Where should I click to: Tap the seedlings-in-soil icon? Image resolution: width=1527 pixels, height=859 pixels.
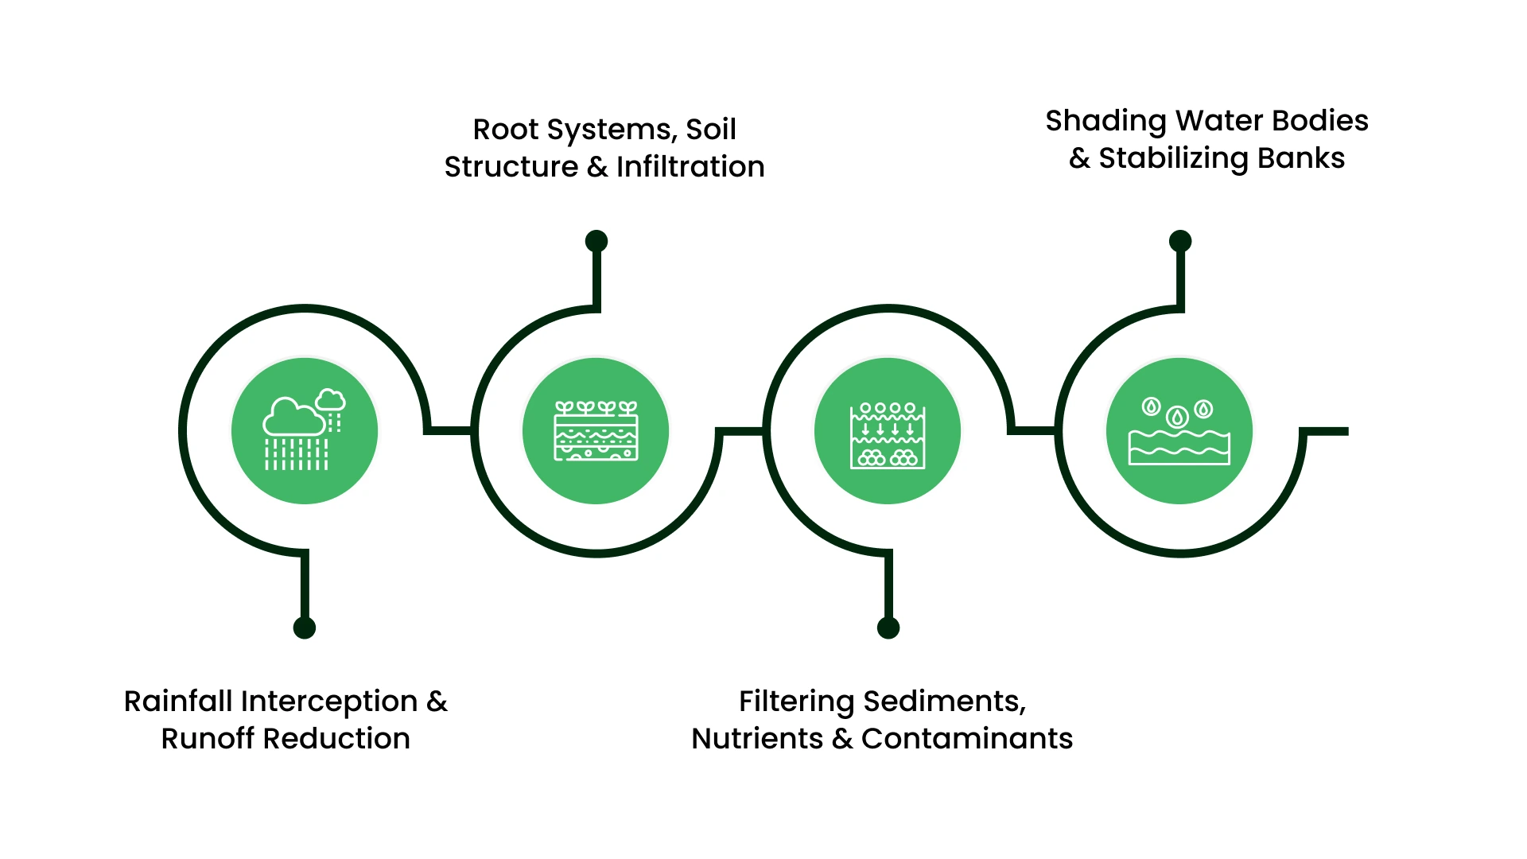pos(596,431)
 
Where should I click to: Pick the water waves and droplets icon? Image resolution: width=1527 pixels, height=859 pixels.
pos(1179,431)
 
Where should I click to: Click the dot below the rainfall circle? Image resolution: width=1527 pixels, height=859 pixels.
pos(305,628)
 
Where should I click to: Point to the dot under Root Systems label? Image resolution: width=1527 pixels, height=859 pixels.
pos(596,241)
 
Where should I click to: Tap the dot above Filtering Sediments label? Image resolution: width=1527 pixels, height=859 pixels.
pos(888,628)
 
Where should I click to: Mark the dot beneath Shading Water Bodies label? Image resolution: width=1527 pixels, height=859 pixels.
pos(1180,241)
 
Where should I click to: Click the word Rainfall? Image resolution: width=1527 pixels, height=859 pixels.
pos(178,702)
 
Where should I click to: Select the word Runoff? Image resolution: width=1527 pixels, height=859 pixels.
pos(208,739)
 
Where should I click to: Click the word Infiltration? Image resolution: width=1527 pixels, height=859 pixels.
pos(690,167)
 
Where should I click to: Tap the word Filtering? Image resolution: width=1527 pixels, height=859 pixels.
pos(796,702)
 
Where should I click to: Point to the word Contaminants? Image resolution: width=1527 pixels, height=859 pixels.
pos(967,739)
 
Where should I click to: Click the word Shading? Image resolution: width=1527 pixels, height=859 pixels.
pos(1105,121)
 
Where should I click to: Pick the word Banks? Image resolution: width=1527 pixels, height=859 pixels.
pos(1301,158)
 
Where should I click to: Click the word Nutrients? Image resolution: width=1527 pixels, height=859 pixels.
pos(757,739)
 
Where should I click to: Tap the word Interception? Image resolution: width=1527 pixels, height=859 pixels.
pos(329,702)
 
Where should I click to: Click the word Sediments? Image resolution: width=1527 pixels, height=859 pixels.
pos(944,702)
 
